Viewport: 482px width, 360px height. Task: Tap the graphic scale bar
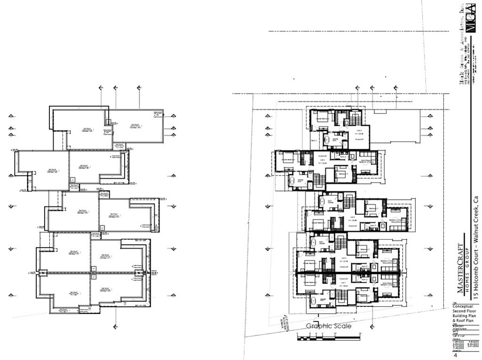pyautogui.click(x=329, y=336)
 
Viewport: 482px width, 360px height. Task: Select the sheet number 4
pyautogui.click(x=456, y=355)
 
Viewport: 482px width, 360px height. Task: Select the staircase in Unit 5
pyautogui.click(x=355, y=118)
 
